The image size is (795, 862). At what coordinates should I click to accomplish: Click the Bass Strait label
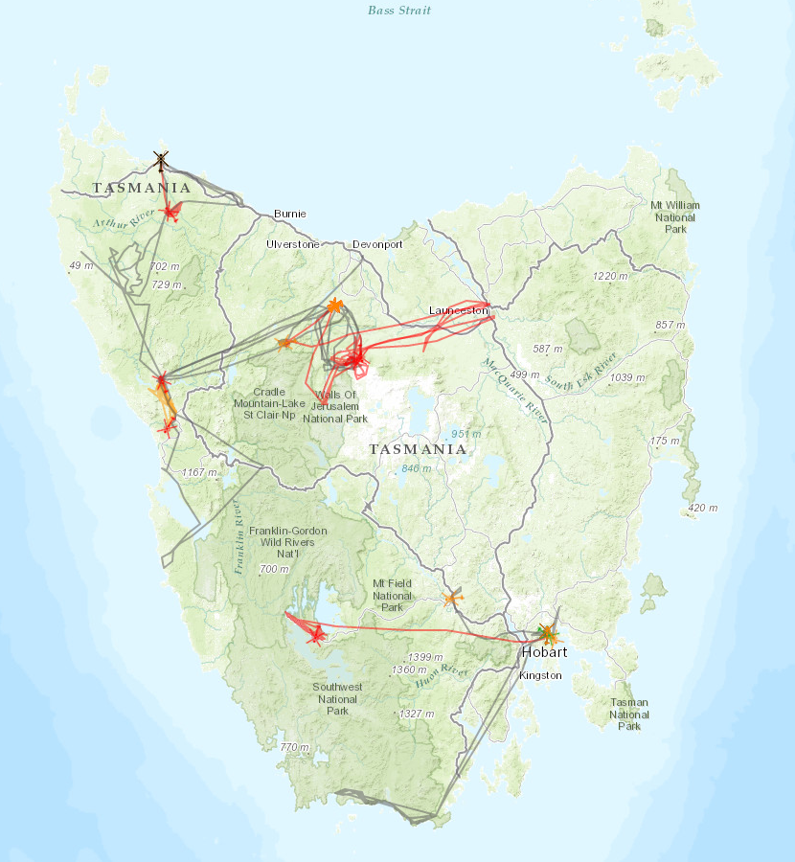pos(399,11)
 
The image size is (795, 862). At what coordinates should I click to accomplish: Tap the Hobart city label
pos(544,652)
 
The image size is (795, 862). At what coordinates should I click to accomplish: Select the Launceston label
pos(459,310)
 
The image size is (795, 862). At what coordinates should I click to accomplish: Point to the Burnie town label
pos(289,214)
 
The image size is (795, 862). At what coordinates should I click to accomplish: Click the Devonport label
pos(377,244)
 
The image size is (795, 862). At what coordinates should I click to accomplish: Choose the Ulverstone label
pos(293,244)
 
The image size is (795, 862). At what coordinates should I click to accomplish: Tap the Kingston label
pos(540,675)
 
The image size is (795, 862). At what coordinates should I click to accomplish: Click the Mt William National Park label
pos(674,217)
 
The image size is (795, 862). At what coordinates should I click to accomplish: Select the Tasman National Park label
pos(629,715)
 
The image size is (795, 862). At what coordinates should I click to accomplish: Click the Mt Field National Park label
pos(392,595)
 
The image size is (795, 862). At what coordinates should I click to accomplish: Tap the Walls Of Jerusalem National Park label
pos(335,407)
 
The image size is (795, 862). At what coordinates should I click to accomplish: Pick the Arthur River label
pos(124,218)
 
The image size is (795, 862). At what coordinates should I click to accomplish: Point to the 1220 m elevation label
pos(610,276)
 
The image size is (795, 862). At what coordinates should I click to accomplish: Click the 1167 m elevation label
pos(200,472)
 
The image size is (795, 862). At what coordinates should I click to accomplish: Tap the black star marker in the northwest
pos(161,159)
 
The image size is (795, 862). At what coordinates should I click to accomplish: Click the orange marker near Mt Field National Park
pos(452,599)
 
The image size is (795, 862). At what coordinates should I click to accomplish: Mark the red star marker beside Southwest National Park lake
pos(316,633)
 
